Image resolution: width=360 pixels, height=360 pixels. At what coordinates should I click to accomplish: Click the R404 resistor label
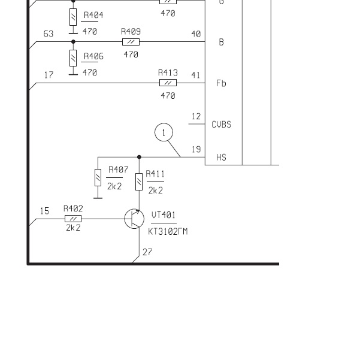93,15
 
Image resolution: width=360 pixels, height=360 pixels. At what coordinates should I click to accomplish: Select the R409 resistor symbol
131,42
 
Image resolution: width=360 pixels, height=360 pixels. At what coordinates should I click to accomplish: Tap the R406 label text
93,56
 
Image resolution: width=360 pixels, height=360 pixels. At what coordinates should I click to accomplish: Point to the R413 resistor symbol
168,83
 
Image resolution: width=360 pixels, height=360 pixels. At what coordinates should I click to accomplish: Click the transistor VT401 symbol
134,219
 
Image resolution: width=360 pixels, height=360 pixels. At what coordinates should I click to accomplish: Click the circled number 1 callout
164,132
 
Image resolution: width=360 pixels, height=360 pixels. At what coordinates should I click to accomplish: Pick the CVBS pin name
221,125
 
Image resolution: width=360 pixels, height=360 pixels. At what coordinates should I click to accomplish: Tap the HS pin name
221,158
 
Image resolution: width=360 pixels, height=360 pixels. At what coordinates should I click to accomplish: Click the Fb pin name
221,83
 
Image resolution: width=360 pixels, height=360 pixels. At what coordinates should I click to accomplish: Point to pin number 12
196,116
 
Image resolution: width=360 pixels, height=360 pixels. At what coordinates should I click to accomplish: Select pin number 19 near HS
196,150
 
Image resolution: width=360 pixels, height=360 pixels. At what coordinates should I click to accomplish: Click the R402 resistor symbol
73,219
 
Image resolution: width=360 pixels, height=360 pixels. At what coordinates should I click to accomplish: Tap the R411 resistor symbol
139,180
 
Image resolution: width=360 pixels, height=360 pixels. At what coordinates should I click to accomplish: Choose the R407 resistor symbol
98,178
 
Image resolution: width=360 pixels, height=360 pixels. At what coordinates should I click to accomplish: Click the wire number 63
49,34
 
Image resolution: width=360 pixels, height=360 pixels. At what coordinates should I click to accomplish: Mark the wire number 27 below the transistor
147,252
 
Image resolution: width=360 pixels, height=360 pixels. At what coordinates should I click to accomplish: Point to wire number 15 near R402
44,211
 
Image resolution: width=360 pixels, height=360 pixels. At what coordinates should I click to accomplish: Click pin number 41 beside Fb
196,75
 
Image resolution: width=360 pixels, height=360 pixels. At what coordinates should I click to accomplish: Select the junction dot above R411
139,157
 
